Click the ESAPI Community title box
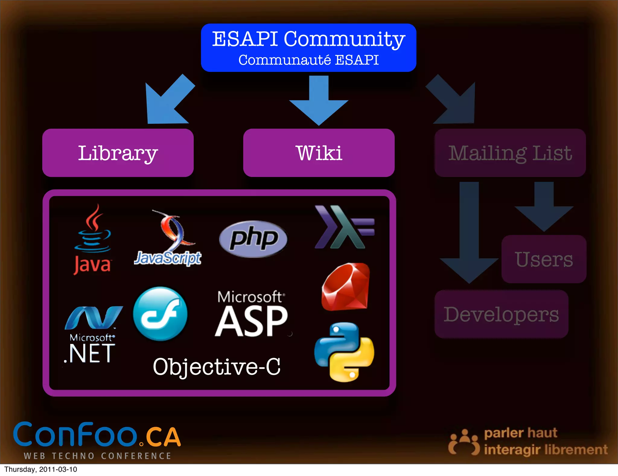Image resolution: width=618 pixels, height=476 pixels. tap(308, 48)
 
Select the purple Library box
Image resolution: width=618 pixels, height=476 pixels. tap(118, 153)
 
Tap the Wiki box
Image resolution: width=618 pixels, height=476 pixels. tap(319, 153)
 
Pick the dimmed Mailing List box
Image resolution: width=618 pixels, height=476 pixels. tap(510, 153)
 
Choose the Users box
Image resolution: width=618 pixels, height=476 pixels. tap(544, 259)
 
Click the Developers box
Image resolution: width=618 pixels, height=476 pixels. tap(501, 314)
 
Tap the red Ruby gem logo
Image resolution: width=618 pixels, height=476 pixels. tap(346, 287)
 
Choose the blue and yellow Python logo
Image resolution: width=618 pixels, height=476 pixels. tap(344, 352)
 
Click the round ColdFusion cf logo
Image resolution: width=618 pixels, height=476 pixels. tap(160, 314)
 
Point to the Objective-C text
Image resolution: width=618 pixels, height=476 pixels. tap(217, 367)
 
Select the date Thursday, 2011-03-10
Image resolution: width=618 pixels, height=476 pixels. tap(41, 470)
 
